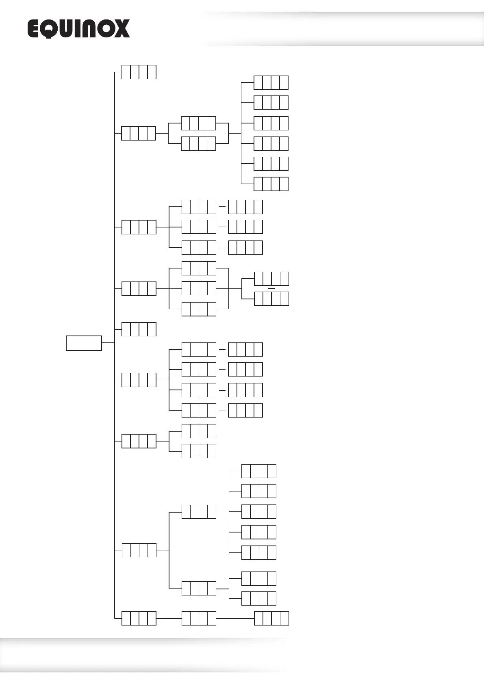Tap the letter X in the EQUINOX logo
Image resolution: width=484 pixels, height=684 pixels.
pos(121,29)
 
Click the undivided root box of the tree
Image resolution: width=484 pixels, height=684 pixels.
pos(84,343)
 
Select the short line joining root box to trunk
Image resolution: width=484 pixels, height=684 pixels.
pos(108,343)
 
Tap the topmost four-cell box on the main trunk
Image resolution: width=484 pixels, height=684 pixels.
pos(139,72)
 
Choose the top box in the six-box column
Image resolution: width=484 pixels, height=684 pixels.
pos(271,82)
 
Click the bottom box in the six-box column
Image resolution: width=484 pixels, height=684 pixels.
pos(271,184)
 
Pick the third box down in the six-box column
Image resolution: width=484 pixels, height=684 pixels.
pos(271,123)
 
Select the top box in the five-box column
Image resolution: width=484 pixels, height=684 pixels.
pos(259,471)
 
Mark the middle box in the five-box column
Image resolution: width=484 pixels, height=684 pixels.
pos(259,512)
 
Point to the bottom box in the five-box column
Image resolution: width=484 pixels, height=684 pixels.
pos(259,553)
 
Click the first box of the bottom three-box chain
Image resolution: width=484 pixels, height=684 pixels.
pos(139,618)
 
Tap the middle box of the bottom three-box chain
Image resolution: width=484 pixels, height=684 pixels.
pos(199,618)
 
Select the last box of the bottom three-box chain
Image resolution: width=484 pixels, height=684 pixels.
pos(271,619)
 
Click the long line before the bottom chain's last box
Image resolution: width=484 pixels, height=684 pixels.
pos(235,619)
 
